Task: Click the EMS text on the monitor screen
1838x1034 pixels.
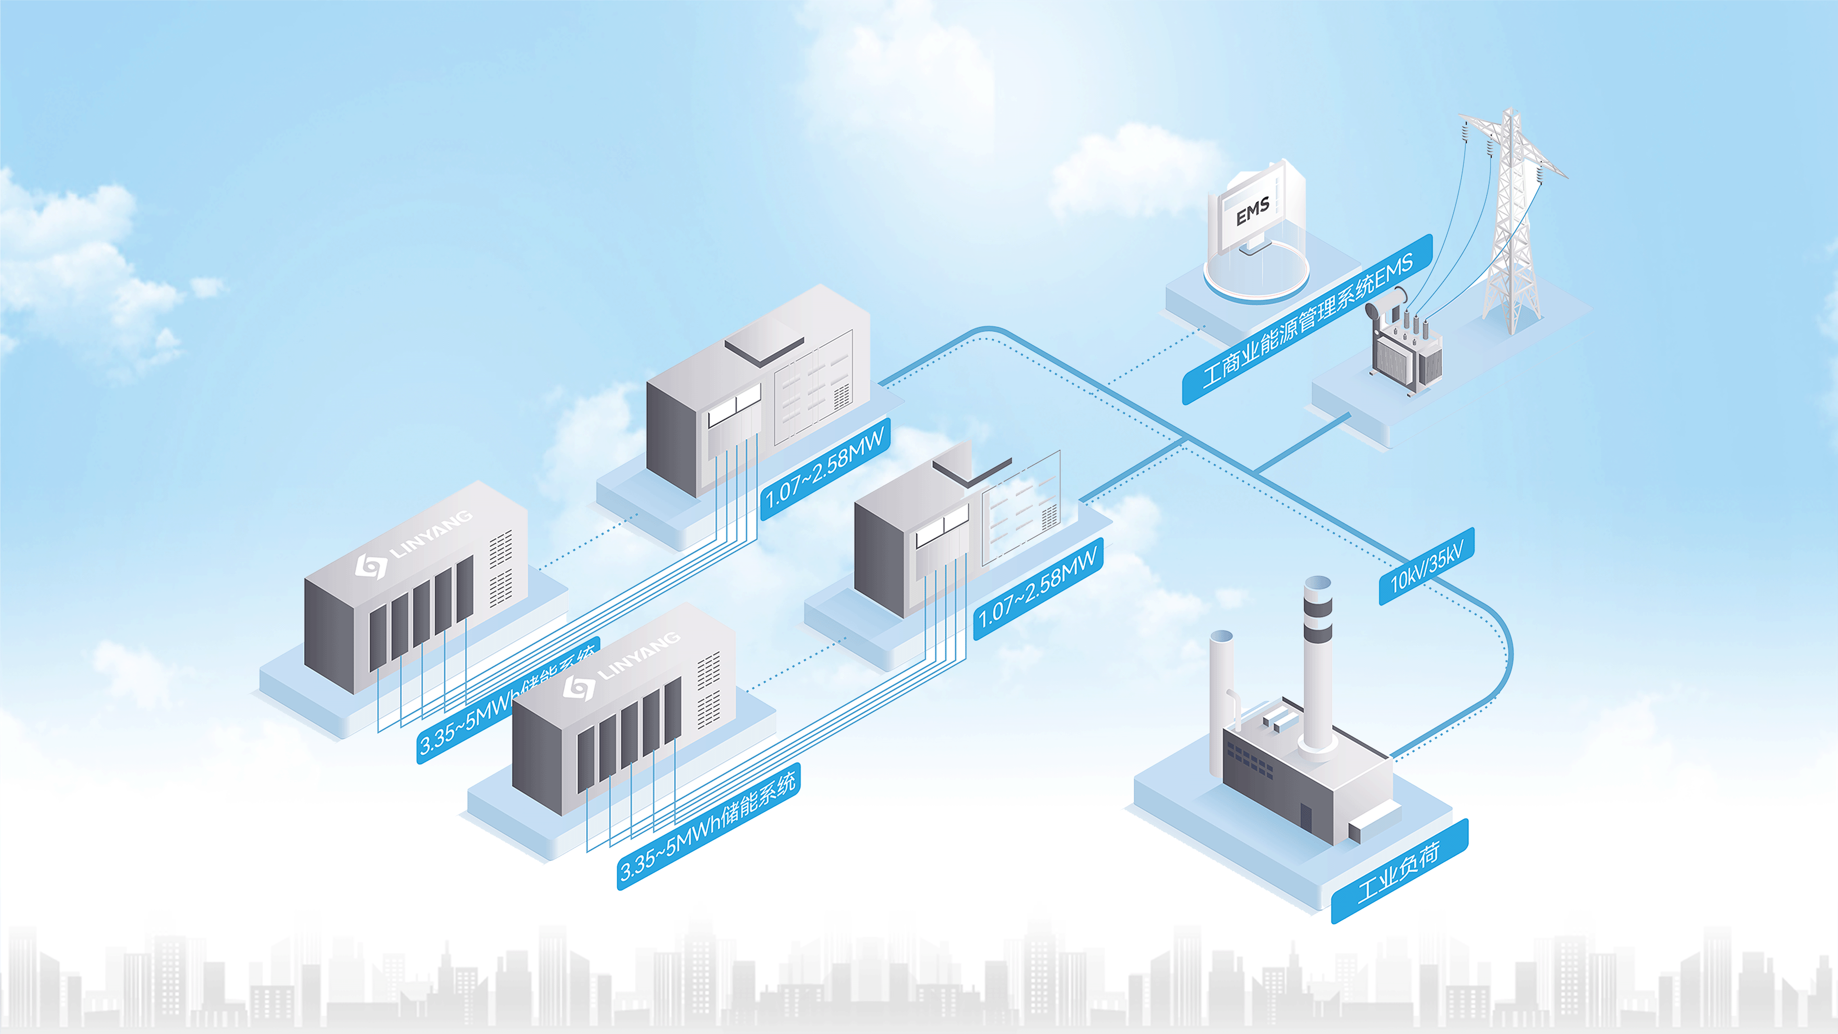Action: pyautogui.click(x=1252, y=211)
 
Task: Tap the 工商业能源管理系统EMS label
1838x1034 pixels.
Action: pyautogui.click(x=1307, y=319)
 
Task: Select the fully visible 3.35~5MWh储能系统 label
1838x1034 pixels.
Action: pyautogui.click(x=708, y=826)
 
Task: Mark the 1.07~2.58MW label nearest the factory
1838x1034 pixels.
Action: pyautogui.click(x=1038, y=589)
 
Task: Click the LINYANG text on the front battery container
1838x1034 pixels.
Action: pyautogui.click(x=639, y=656)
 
